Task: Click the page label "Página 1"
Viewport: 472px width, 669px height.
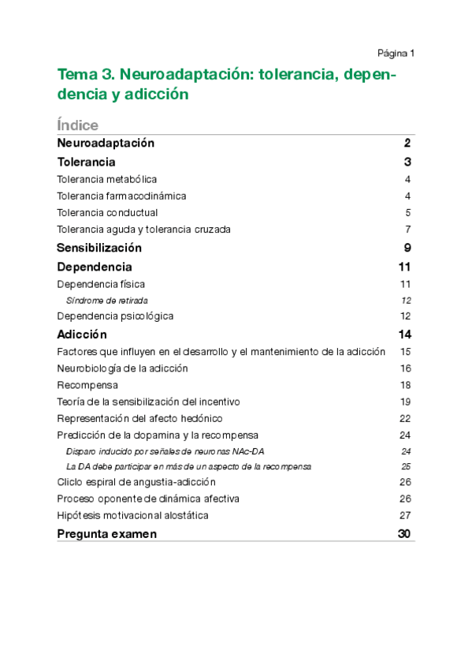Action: [x=396, y=53]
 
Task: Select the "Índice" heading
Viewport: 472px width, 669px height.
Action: [x=78, y=125]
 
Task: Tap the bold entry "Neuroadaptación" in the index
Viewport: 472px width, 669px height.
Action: [x=106, y=143]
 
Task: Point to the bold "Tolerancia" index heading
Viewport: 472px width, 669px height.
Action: [x=87, y=162]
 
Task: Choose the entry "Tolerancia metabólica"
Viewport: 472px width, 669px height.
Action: [x=107, y=179]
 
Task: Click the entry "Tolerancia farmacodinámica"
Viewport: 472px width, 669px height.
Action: [x=121, y=196]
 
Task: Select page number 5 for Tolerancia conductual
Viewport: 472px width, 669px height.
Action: [x=408, y=212]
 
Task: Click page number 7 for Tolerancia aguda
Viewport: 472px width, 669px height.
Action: [x=408, y=230]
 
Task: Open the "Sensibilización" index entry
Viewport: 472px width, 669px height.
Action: [x=99, y=248]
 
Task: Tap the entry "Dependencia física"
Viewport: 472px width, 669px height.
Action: [x=101, y=284]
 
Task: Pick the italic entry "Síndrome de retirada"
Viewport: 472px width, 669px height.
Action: [x=107, y=300]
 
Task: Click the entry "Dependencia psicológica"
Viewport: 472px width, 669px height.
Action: [x=115, y=316]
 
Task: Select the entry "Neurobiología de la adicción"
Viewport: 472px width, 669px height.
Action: [x=123, y=368]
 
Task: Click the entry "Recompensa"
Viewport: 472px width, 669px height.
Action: [x=87, y=385]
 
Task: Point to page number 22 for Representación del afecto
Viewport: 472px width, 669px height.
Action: [x=406, y=418]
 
